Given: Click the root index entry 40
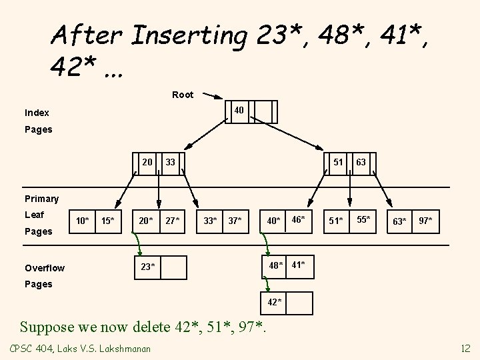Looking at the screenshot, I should click(238, 109).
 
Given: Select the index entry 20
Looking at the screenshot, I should click(147, 162).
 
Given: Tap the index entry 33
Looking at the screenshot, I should click(170, 162).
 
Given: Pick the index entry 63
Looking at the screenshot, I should click(361, 162).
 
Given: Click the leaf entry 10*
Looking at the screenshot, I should click(83, 220).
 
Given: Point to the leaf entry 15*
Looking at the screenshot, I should click(107, 220).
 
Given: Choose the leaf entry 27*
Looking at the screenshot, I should click(173, 220).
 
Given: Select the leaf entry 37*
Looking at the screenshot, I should click(235, 220).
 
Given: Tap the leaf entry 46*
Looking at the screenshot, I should click(298, 219).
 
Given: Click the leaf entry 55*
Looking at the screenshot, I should click(363, 219).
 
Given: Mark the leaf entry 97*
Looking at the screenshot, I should click(425, 220).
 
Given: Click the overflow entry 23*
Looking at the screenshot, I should click(148, 266).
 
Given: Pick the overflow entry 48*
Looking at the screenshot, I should click(275, 265).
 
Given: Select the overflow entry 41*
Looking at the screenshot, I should click(298, 265).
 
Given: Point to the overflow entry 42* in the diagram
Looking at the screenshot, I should click(275, 303).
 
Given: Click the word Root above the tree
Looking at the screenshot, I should click(183, 95).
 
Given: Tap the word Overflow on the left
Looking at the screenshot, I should click(45, 268).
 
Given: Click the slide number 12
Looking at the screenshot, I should click(465, 348).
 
